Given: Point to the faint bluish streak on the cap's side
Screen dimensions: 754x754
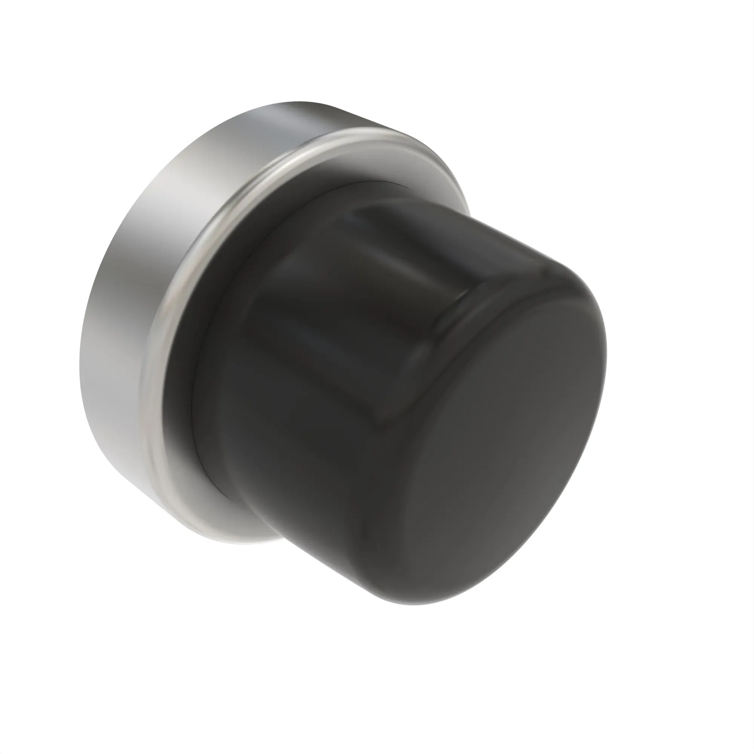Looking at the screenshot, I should (312, 332).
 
